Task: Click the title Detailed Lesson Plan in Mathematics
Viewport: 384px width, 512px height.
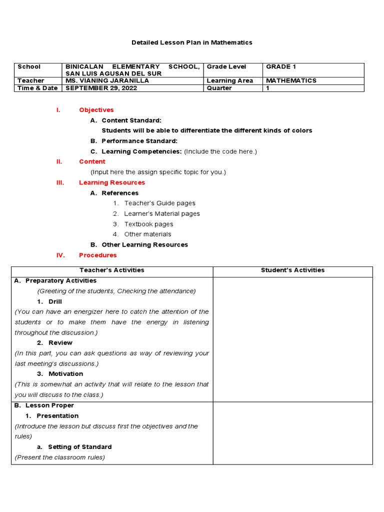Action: click(x=192, y=42)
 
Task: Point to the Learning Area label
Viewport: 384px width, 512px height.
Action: click(x=230, y=80)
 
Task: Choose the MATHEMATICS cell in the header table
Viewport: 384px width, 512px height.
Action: click(x=291, y=80)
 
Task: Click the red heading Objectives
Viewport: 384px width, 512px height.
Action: click(x=96, y=110)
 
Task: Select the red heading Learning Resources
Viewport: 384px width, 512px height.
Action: click(x=112, y=182)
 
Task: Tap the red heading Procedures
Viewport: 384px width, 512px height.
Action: click(x=97, y=255)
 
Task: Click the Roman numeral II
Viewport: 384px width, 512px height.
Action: click(x=59, y=161)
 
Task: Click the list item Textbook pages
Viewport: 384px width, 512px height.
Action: click(x=148, y=224)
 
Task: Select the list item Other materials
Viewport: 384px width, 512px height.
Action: click(x=147, y=234)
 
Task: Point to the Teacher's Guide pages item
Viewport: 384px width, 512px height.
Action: click(x=159, y=203)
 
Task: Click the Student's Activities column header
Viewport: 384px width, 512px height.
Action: click(x=292, y=270)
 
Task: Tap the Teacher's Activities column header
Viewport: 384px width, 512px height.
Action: click(x=112, y=270)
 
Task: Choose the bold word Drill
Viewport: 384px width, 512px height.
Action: click(x=55, y=301)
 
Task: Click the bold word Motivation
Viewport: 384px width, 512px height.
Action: click(x=65, y=373)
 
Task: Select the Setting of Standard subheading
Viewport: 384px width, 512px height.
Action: click(x=79, y=446)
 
